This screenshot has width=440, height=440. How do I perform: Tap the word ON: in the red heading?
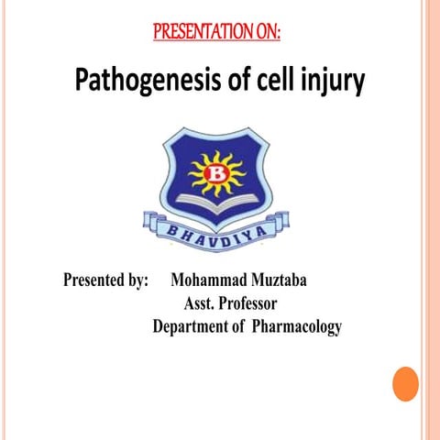click(267, 34)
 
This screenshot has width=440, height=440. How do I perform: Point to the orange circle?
click(405, 383)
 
